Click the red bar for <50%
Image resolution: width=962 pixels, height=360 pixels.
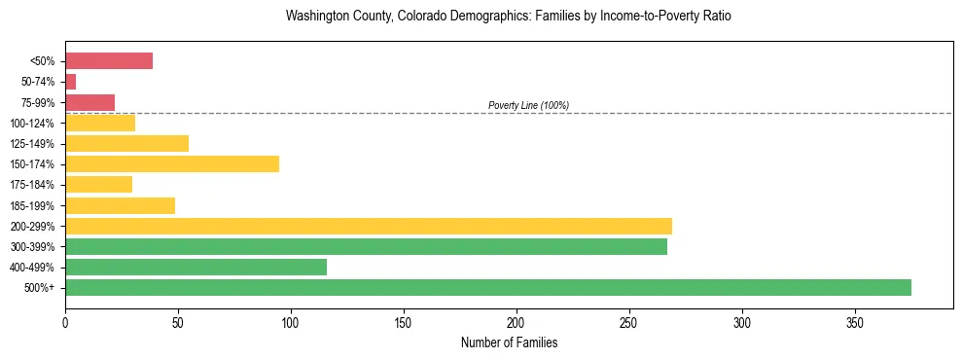[109, 61]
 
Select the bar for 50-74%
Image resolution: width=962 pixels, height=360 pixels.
[70, 82]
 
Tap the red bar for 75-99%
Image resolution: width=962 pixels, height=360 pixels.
[89, 102]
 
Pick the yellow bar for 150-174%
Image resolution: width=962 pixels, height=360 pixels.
[172, 164]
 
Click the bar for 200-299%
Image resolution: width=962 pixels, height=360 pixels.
[369, 226]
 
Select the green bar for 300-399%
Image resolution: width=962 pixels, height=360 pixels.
[366, 246]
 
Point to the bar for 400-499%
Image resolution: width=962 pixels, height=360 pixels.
[196, 267]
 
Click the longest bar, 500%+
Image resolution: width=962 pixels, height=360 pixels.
[488, 287]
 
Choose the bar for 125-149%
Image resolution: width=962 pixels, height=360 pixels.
[126, 144]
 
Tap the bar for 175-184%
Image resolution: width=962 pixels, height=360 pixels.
[98, 185]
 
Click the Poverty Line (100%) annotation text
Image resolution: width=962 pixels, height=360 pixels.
[528, 105]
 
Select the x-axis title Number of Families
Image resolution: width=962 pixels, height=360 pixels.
[509, 342]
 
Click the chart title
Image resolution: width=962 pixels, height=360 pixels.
[509, 17]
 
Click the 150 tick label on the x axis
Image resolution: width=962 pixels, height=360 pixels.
[404, 322]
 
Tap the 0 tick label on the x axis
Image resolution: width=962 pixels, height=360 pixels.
[65, 322]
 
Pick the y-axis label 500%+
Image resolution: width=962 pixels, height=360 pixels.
[40, 288]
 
